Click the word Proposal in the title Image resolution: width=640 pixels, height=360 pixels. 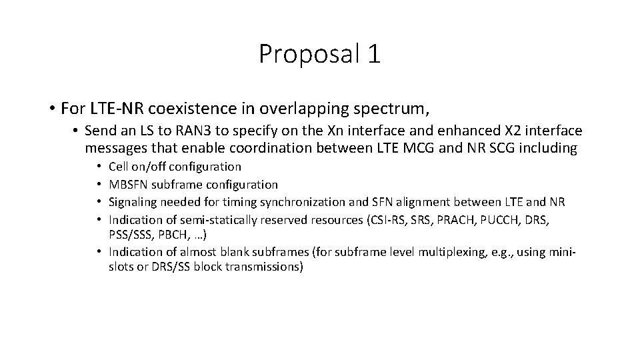pos(308,54)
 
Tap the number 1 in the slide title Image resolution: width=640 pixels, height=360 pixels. pos(374,54)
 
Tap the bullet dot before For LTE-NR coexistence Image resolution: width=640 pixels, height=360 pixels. pos(51,108)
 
